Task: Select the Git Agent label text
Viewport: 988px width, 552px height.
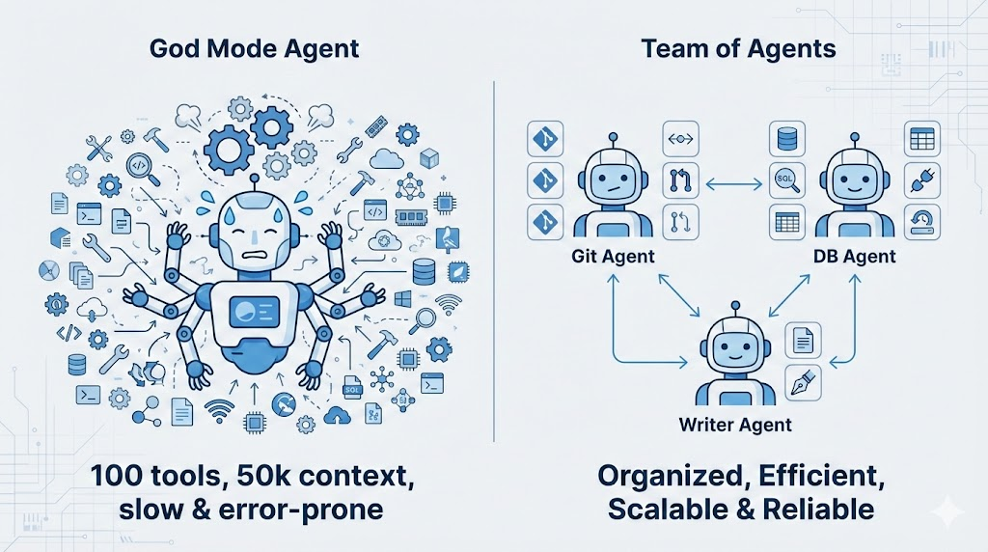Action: tap(613, 257)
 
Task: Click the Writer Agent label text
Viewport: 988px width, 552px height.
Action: tap(735, 425)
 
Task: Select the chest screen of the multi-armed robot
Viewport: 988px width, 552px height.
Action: tap(253, 312)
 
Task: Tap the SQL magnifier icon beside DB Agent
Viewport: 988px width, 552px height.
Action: tap(785, 180)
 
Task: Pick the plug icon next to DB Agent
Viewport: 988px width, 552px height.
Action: tap(921, 180)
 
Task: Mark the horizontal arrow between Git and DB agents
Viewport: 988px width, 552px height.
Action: tap(735, 180)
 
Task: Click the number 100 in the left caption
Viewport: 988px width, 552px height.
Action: tap(122, 476)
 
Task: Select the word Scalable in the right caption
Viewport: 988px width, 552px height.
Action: tap(668, 509)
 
